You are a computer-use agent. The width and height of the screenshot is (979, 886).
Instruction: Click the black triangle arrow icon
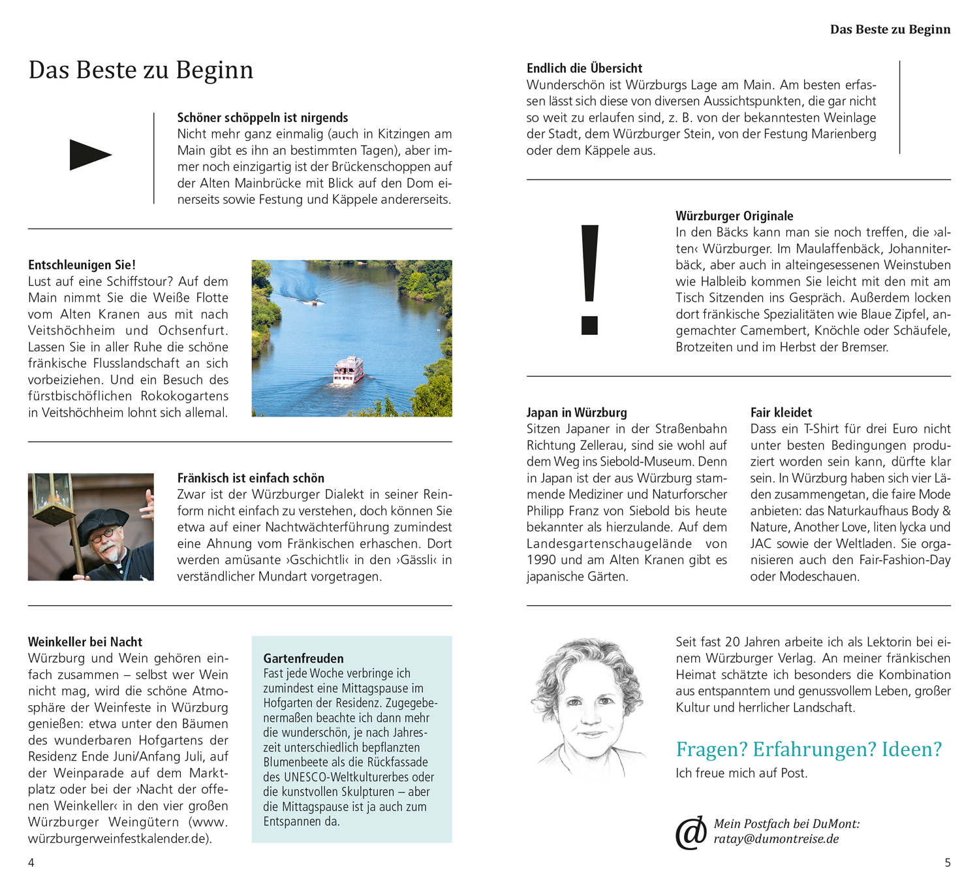(89, 155)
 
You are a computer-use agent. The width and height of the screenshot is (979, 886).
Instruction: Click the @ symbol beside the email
(691, 832)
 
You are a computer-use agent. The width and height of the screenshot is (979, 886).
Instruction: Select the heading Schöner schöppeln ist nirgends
(262, 118)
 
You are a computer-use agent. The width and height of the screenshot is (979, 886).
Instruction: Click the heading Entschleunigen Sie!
(82, 265)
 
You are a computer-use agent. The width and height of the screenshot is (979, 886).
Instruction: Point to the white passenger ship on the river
(348, 371)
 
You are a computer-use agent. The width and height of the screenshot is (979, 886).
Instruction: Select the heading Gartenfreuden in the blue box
(303, 658)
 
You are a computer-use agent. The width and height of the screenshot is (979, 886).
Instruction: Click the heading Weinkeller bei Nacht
(85, 642)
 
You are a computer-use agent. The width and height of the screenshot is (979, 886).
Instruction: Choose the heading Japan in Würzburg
(576, 413)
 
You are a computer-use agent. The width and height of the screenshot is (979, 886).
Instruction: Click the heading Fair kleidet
(781, 413)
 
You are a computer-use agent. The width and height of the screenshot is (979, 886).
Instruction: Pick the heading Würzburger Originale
(734, 216)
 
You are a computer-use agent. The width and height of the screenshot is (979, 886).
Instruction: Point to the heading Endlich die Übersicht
(584, 68)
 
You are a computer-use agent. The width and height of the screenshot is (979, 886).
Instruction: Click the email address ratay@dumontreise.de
(776, 839)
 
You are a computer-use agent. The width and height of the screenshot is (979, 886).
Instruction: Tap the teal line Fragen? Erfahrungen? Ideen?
(809, 749)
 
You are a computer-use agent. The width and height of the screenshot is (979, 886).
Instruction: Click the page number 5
(948, 862)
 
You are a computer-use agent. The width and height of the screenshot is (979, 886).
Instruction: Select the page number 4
(31, 862)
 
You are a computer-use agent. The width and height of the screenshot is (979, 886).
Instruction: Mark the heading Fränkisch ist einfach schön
(251, 478)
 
